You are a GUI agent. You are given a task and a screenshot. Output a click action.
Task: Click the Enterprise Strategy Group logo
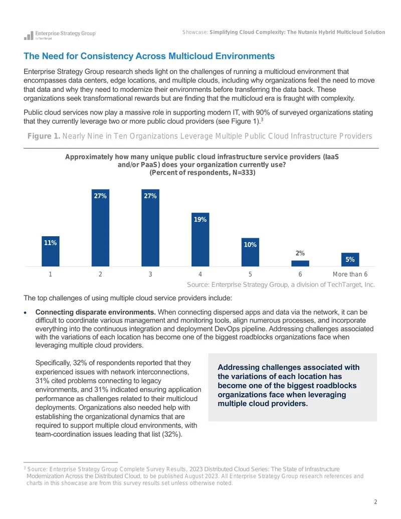click(60, 35)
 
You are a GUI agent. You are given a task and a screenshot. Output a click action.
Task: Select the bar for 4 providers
click(200, 239)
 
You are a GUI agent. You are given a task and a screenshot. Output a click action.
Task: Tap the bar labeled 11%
click(50, 251)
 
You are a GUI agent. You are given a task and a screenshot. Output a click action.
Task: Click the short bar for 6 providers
click(300, 263)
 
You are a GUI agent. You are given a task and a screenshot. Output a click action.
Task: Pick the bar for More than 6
click(350, 260)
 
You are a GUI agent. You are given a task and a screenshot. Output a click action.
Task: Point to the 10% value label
click(250, 245)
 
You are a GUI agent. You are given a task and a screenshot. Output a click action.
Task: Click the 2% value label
click(300, 253)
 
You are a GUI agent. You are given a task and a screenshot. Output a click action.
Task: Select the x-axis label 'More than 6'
click(350, 274)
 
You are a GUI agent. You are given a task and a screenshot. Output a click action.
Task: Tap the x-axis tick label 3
click(150, 274)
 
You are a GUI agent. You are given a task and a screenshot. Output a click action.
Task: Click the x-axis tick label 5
click(250, 274)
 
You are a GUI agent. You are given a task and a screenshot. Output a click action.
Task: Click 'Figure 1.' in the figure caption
click(44, 136)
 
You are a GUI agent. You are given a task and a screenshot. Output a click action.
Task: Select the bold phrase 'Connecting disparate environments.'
click(95, 312)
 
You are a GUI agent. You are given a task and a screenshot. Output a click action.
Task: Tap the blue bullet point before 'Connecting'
click(25, 312)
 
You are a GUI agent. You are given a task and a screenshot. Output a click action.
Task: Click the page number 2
click(375, 502)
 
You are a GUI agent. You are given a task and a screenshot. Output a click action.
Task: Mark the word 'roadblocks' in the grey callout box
click(335, 386)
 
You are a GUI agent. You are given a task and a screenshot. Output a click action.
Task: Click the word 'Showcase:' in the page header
click(195, 32)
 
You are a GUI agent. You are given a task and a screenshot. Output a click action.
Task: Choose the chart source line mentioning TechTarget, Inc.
click(281, 285)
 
